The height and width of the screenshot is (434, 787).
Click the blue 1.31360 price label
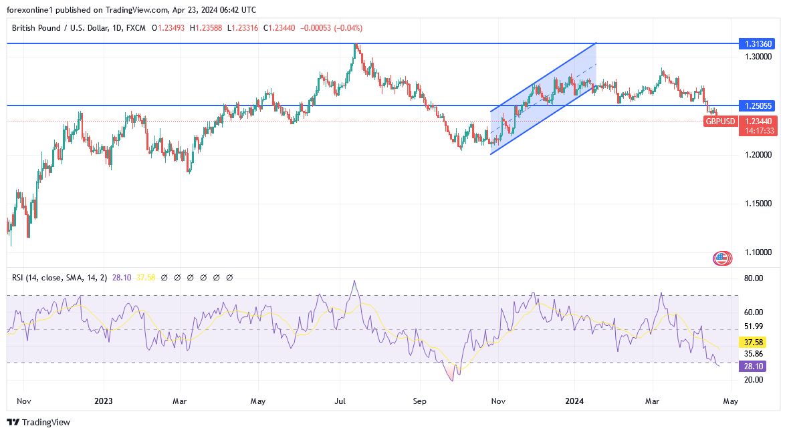758,44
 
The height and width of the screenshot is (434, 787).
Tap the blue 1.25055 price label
758,106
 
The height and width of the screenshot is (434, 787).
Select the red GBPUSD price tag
720,122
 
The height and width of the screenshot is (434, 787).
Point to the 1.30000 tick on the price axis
758,57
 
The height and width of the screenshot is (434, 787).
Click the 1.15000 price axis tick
758,204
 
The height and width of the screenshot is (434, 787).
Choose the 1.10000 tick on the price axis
758,252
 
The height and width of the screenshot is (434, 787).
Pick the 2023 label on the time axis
104,401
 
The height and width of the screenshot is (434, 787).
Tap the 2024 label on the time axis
574,401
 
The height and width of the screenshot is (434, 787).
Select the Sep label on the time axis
419,401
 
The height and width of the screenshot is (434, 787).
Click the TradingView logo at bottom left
38,422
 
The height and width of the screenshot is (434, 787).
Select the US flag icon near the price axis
721,258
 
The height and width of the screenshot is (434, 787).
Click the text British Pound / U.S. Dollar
58,28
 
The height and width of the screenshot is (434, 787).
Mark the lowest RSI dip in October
453,380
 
